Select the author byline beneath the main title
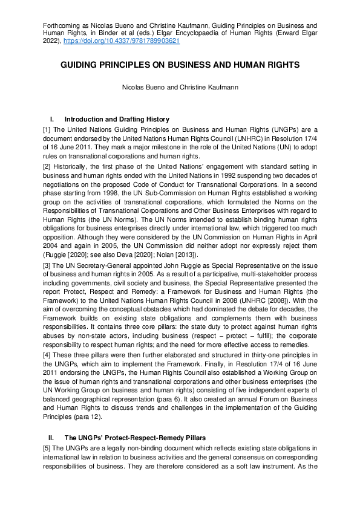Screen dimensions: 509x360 [180, 87]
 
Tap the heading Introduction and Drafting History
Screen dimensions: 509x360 [117, 119]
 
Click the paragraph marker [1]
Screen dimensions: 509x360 [47, 129]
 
